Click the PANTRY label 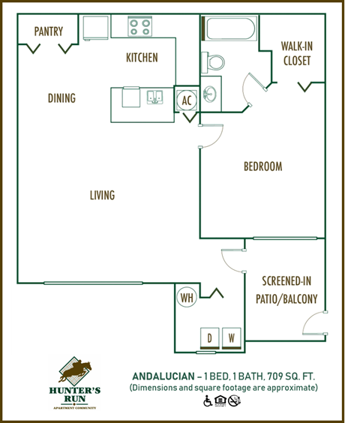click(x=48, y=31)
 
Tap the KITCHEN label click(x=142, y=57)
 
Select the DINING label click(x=61, y=98)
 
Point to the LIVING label click(x=102, y=195)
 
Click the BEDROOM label click(x=262, y=166)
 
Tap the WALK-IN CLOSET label click(x=296, y=53)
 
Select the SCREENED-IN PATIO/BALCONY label click(x=289, y=290)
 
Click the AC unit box click(x=187, y=99)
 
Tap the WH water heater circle click(x=187, y=298)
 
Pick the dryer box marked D click(x=210, y=339)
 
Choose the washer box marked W click(x=232, y=339)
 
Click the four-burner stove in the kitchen click(x=139, y=28)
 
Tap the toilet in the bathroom click(x=214, y=61)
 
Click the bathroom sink click(x=211, y=93)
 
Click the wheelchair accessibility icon click(x=208, y=401)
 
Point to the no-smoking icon click(x=234, y=401)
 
